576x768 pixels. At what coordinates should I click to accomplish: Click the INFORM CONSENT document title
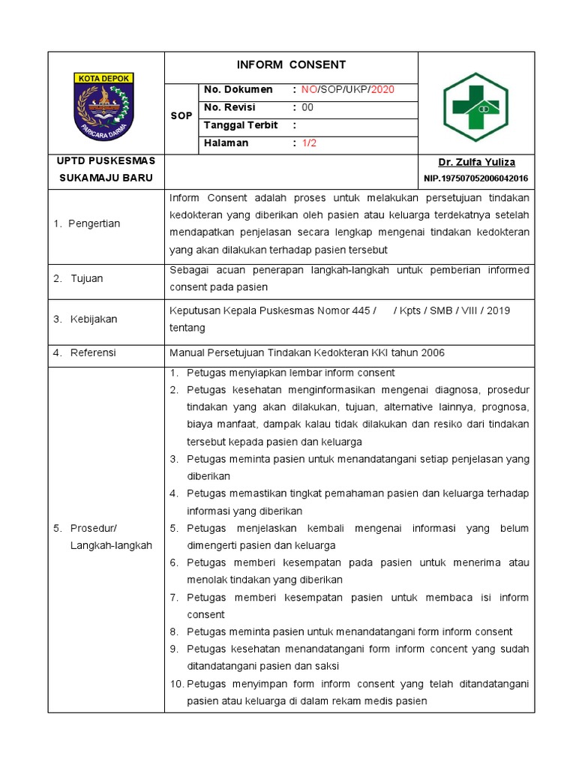pos(291,65)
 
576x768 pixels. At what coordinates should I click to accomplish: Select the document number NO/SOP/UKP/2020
pos(347,90)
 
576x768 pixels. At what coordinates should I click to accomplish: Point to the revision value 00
pos(307,107)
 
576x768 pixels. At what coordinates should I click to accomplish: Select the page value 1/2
pos(310,143)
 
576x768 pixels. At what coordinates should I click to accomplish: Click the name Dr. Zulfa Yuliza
pos(476,163)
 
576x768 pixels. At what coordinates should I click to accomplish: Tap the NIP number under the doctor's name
pos(475,178)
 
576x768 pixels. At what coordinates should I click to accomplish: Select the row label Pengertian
pos(94,223)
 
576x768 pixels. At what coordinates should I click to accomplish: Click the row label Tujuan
pos(87,278)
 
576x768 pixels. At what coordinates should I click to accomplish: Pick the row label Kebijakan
pos(94,319)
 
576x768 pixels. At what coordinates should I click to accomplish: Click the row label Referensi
pos(94,352)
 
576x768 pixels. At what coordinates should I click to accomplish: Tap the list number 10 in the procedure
pos(175,684)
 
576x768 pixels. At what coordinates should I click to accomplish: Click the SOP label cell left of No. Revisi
pos(181,116)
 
